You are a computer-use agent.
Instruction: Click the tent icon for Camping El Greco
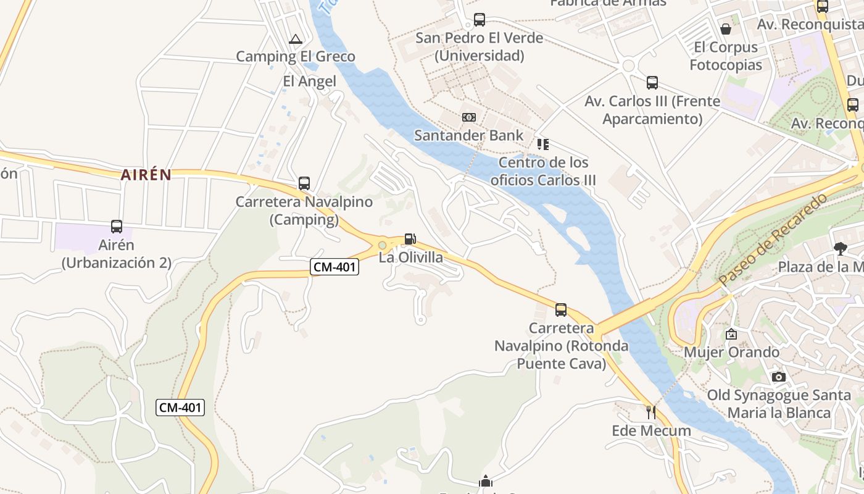(x=296, y=40)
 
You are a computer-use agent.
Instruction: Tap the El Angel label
(x=309, y=82)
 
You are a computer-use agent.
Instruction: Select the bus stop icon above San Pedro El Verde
(x=480, y=20)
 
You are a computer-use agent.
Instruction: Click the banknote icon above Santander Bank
(x=469, y=117)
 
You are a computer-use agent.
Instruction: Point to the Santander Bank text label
(x=468, y=135)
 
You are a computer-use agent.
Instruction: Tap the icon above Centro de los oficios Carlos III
(x=543, y=144)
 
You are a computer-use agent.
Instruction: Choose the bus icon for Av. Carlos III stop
(x=652, y=83)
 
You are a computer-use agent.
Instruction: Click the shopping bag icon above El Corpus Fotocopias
(x=726, y=29)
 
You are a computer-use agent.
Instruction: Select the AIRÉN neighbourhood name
(x=146, y=175)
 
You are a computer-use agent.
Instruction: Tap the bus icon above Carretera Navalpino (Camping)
(x=304, y=183)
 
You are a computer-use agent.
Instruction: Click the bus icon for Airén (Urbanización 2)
(x=117, y=227)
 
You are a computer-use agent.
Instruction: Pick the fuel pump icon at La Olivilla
(x=410, y=239)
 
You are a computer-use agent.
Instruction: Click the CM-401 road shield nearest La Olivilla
(x=334, y=267)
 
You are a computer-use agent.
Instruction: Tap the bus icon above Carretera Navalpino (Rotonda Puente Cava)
(x=561, y=310)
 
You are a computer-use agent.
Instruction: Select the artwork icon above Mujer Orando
(x=731, y=334)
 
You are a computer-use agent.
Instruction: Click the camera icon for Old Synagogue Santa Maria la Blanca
(x=779, y=377)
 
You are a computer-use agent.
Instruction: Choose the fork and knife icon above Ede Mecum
(x=650, y=412)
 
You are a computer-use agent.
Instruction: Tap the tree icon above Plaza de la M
(x=840, y=249)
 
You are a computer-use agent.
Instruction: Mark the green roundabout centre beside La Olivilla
(x=383, y=246)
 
